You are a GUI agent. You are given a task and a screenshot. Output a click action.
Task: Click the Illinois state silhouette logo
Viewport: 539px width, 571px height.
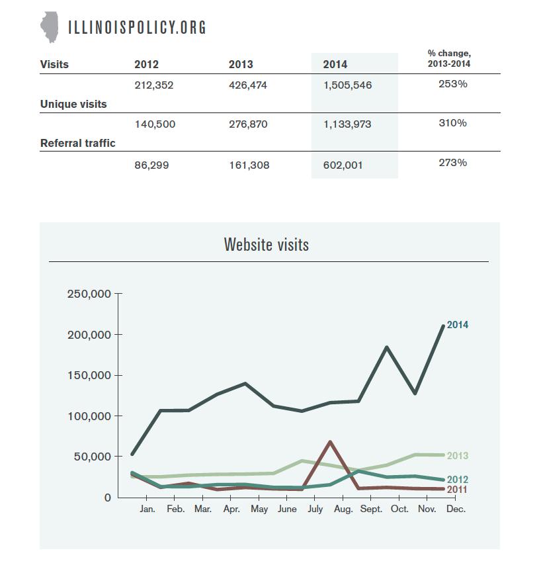click(50, 27)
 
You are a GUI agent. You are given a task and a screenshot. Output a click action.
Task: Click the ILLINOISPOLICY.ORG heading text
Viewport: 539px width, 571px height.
click(137, 27)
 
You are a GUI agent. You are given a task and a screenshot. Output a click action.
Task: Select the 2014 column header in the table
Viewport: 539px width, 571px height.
click(335, 64)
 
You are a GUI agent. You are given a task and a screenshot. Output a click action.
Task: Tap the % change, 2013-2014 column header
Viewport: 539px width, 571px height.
click(449, 58)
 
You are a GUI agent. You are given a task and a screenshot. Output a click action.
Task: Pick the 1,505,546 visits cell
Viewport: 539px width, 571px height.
click(348, 85)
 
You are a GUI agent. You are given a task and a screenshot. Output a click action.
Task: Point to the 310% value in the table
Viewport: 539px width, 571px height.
click(453, 123)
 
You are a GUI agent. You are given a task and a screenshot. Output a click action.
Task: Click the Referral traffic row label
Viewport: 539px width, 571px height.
click(77, 143)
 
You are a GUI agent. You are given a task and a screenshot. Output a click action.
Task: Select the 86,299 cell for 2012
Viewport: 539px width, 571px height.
click(151, 165)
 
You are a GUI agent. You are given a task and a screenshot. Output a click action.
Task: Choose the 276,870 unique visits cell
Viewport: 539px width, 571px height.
click(248, 124)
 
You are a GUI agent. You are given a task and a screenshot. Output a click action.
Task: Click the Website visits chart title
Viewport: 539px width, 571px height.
click(267, 244)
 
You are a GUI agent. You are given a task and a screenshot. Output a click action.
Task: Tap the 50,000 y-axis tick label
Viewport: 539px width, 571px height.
click(93, 457)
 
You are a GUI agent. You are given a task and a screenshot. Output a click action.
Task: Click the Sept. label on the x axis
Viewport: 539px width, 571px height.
click(371, 509)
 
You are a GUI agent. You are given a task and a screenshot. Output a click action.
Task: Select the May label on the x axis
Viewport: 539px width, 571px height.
click(259, 509)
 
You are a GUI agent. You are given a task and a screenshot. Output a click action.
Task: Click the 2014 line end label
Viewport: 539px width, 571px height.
click(458, 324)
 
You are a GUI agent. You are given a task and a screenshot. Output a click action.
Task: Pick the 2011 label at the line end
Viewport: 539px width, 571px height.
click(457, 490)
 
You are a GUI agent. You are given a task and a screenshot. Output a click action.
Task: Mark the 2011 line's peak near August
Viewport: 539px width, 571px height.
click(330, 442)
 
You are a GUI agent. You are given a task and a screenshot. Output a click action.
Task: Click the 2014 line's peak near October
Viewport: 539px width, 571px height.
click(386, 347)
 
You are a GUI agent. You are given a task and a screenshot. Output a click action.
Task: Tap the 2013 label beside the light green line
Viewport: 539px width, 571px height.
click(458, 456)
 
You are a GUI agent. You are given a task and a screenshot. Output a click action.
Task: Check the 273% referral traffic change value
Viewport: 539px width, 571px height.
click(453, 163)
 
